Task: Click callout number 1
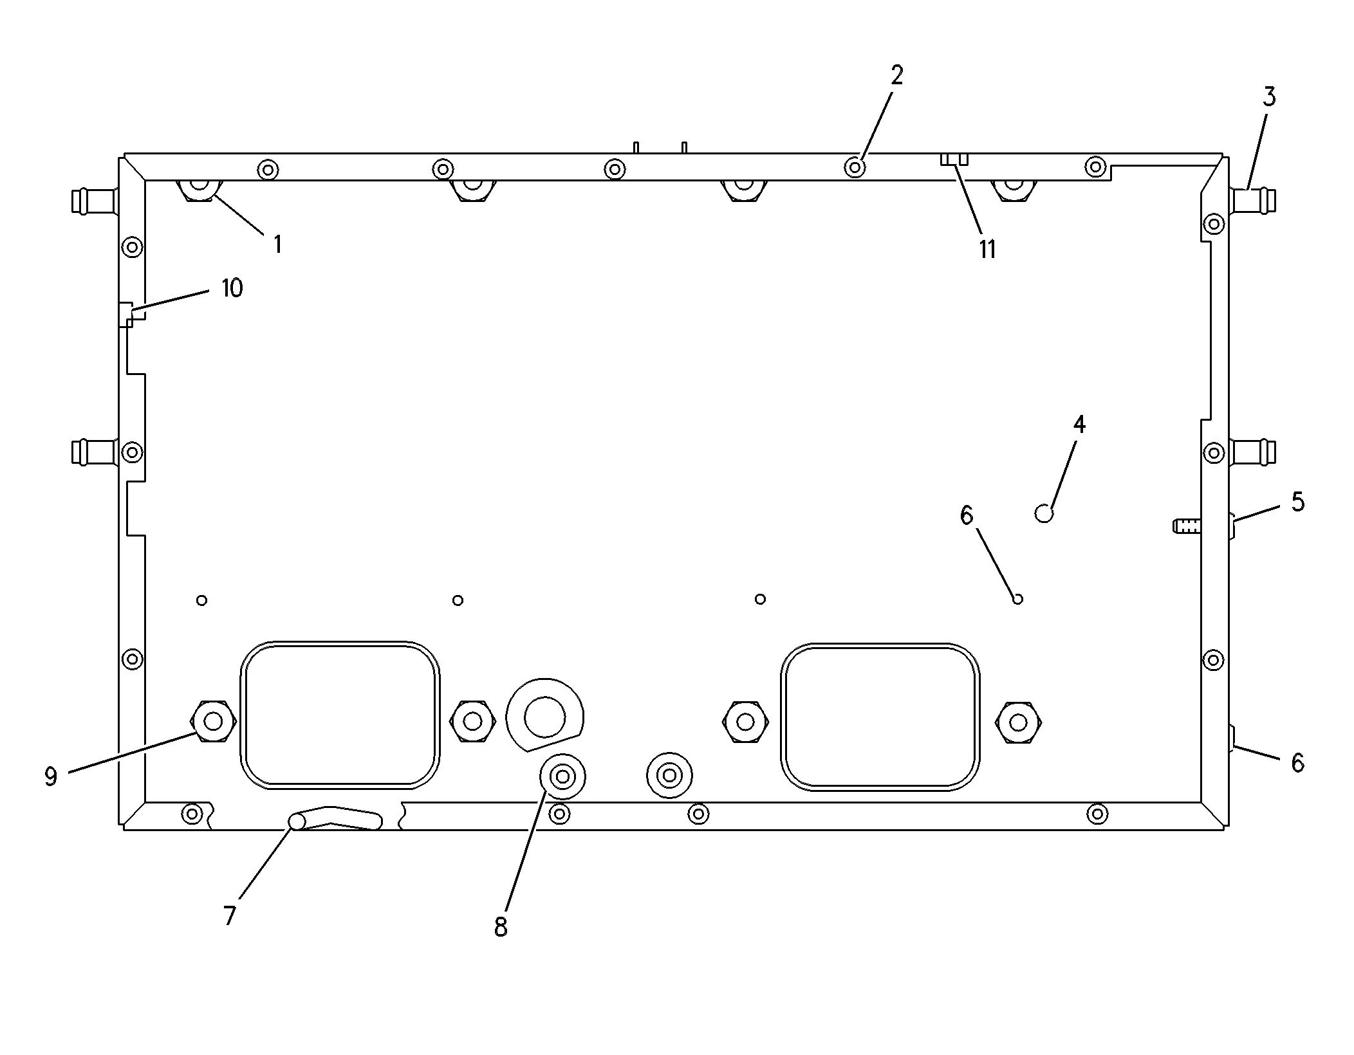pos(277,244)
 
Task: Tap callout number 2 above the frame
pos(897,76)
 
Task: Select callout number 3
pos(1268,97)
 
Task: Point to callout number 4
pos(1079,425)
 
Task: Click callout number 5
pos(1297,502)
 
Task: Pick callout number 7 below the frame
pos(230,915)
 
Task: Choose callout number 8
pos(501,927)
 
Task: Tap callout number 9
pos(51,776)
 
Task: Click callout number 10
pos(232,288)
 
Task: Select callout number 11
pos(987,250)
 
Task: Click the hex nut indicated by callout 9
pos(213,722)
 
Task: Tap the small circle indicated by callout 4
pos(1044,513)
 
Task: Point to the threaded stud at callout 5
pos(1187,526)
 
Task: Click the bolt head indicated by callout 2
pos(855,168)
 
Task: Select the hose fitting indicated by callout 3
pos(1252,201)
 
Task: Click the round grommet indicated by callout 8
pos(562,777)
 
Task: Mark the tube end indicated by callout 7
pos(297,821)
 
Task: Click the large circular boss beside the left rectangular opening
pos(544,716)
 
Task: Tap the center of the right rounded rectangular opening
pos(880,717)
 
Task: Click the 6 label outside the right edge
pos(1297,763)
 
